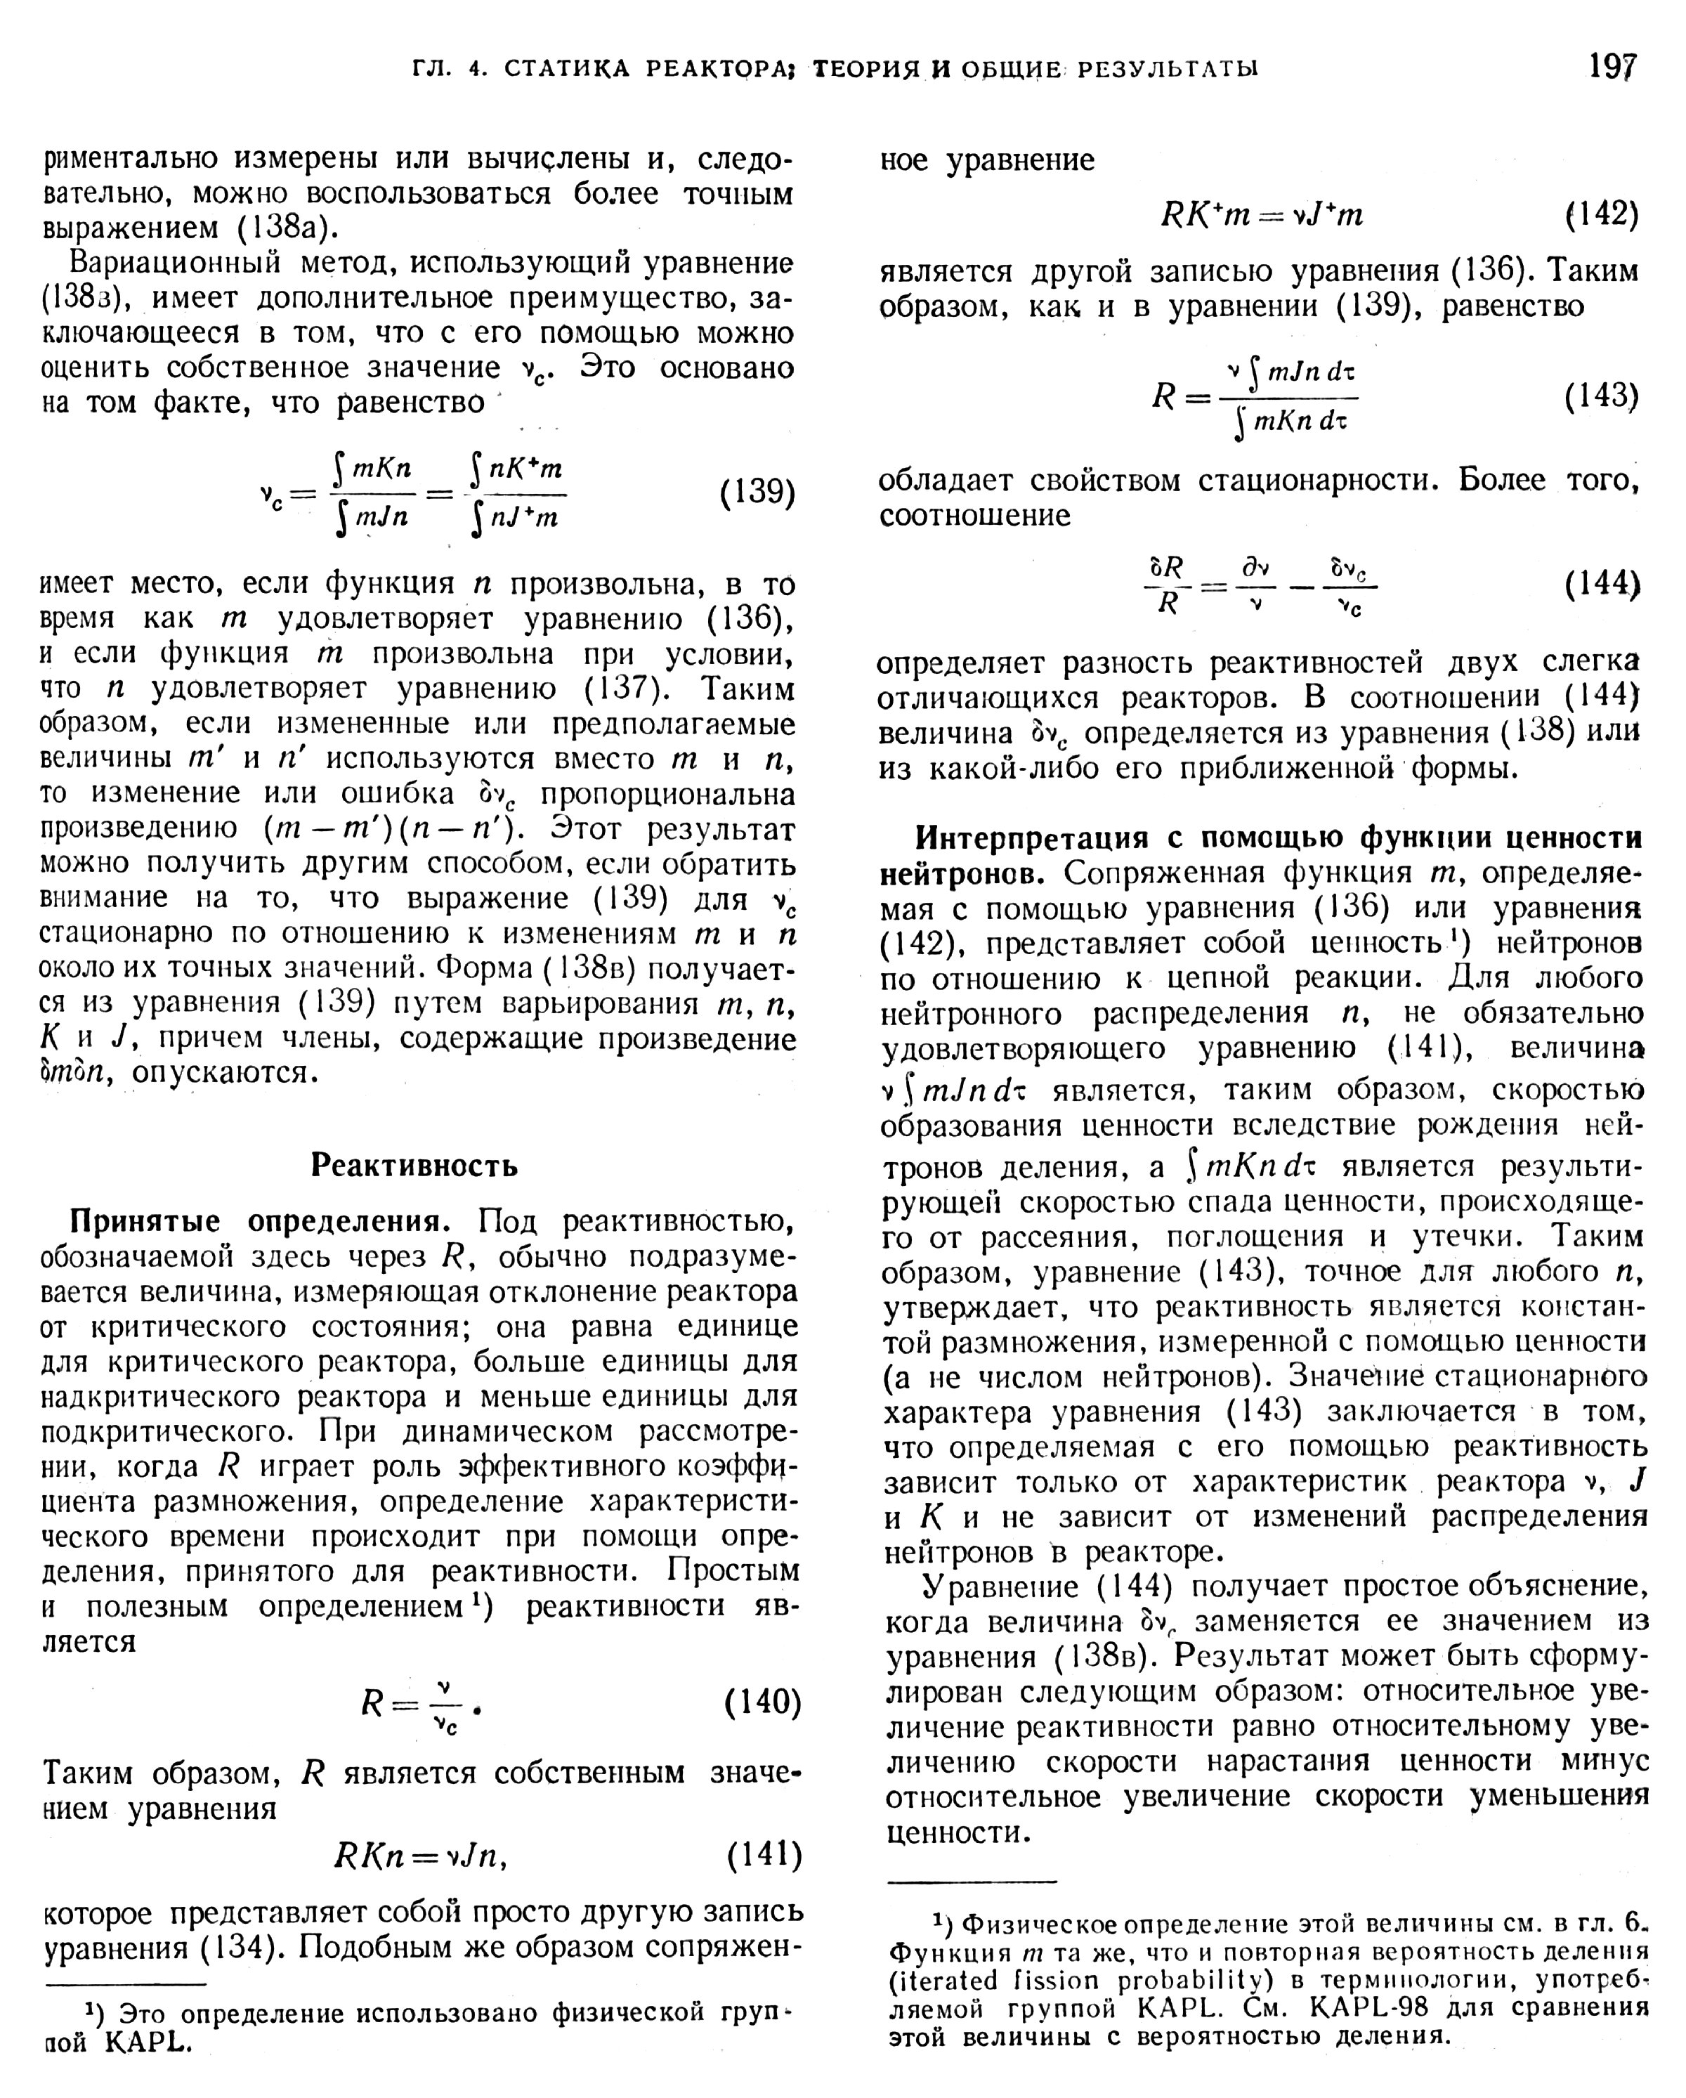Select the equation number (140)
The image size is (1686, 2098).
764,1702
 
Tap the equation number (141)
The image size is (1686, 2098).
765,1855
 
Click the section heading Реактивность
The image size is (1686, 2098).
414,1165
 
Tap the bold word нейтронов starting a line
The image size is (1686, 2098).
961,874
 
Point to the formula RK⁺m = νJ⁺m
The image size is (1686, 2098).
1262,214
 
